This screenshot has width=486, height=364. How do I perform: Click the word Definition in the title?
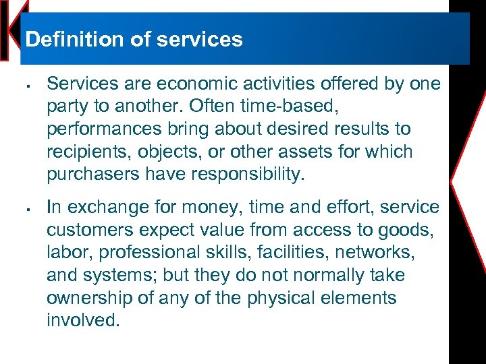[x=66, y=39]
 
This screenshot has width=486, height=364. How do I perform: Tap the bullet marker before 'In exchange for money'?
[x=24, y=209]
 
